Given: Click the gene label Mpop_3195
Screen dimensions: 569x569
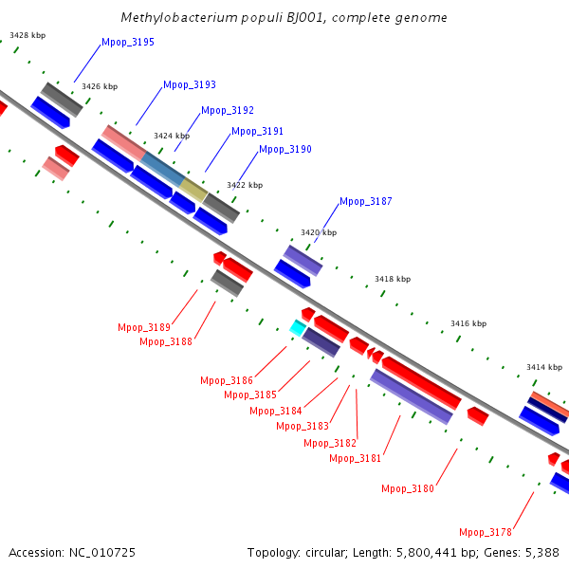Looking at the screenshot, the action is (x=128, y=43).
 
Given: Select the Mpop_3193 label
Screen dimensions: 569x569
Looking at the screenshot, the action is (x=190, y=85).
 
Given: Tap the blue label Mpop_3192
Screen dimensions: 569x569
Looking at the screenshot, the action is (x=228, y=110).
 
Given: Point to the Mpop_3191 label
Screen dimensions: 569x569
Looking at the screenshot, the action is (x=257, y=132).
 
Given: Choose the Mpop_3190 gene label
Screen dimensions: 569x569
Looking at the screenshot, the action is (x=285, y=150).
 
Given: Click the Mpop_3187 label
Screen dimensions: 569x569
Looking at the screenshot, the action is (x=366, y=201).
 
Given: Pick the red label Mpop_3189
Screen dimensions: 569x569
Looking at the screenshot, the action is (x=144, y=328).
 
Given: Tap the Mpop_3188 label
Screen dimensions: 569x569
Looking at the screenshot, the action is (x=166, y=341).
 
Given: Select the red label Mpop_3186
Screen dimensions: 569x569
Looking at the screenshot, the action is (x=227, y=380).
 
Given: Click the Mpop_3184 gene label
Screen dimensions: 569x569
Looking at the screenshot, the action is (x=276, y=412).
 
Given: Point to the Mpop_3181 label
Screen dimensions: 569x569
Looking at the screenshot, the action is (x=356, y=459).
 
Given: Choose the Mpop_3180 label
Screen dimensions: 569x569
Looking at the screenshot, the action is (x=408, y=489).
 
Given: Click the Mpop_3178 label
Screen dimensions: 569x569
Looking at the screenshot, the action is (x=486, y=533).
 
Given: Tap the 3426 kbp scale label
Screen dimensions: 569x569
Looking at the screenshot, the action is (x=100, y=86).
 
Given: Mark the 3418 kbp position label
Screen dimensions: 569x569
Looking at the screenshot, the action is (x=393, y=280).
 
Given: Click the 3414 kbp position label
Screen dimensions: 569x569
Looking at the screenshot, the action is (x=544, y=368).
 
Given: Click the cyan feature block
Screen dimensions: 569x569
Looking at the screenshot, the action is (x=298, y=328).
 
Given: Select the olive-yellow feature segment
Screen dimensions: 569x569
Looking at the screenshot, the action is (x=193, y=190).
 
